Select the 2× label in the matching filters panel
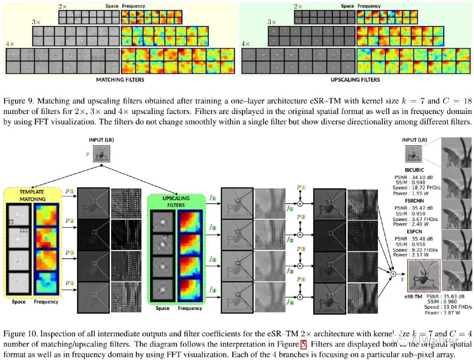click(64, 6)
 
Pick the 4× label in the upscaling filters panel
click(245, 44)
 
